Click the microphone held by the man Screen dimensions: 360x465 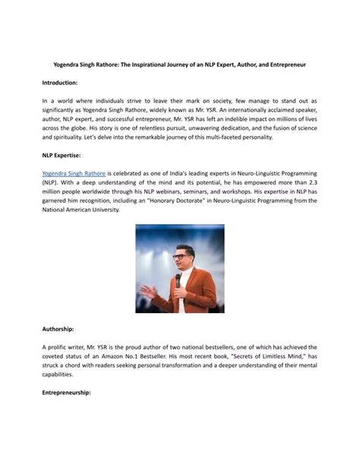click(179, 281)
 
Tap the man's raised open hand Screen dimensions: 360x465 click(150, 292)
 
